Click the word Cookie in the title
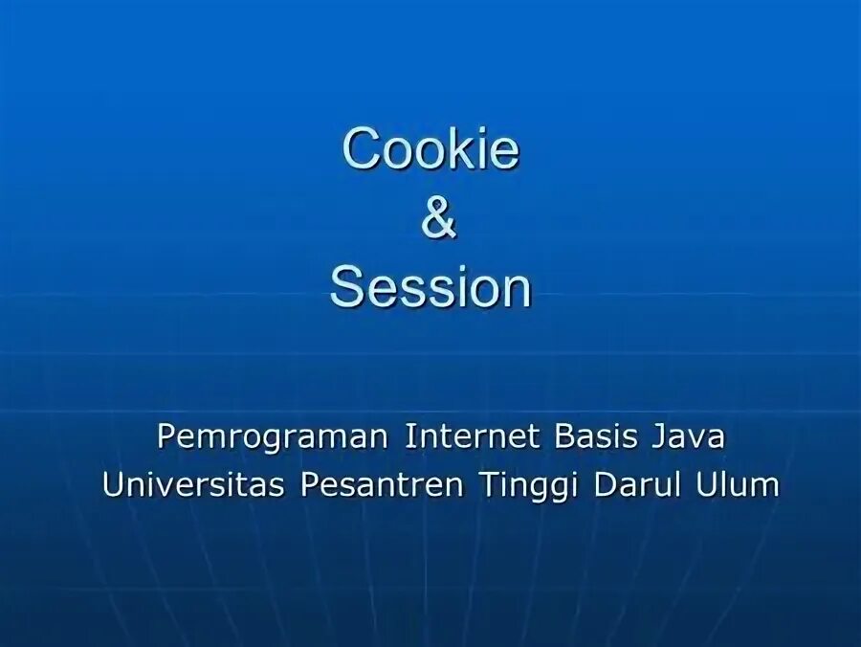point(430,150)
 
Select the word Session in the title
point(430,288)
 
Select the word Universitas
point(193,484)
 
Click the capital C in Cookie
point(360,150)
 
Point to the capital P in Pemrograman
point(166,437)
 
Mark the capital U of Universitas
point(113,484)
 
